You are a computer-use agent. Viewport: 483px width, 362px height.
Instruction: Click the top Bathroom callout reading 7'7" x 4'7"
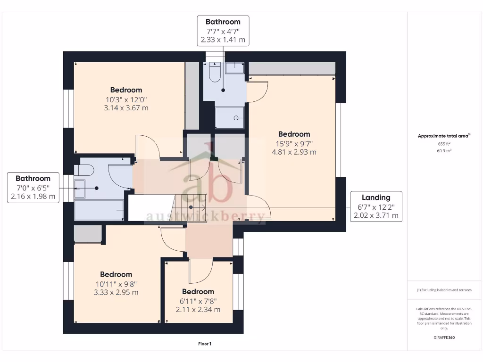pos(223,31)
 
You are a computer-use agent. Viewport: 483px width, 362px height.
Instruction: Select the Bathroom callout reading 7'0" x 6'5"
pos(33,188)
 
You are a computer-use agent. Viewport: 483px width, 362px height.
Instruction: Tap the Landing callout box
pos(376,206)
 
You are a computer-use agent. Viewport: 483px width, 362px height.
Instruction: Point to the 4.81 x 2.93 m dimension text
pos(294,152)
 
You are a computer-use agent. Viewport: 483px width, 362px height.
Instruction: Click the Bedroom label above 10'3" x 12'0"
pos(126,90)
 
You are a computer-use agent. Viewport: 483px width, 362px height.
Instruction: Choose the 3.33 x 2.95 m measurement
pos(116,292)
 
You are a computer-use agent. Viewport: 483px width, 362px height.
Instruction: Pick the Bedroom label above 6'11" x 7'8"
pos(198,292)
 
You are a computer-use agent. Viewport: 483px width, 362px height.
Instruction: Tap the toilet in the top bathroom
pos(215,73)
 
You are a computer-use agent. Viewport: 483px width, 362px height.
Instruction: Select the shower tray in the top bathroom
pos(230,117)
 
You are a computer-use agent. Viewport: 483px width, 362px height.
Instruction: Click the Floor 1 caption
pos(205,344)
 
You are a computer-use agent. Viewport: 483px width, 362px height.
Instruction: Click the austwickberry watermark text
pos(205,216)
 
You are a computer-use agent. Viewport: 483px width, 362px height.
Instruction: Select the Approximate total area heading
pos(443,136)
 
